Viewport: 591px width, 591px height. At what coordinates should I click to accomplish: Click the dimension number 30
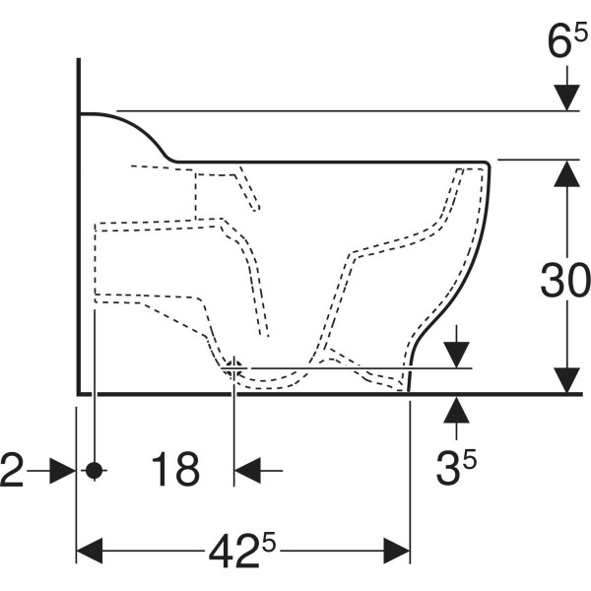(564, 280)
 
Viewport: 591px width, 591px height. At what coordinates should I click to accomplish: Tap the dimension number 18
(175, 469)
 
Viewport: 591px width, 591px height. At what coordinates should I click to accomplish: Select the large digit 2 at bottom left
(12, 470)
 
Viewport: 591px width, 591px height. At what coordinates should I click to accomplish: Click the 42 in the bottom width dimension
(234, 551)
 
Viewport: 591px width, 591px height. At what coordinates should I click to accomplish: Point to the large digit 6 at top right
(559, 40)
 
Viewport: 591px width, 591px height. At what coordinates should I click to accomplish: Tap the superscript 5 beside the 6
(581, 33)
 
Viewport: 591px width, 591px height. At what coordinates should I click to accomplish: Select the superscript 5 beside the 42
(269, 543)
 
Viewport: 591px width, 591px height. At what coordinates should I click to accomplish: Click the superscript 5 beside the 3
(470, 460)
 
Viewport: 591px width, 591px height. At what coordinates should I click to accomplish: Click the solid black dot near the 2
(94, 471)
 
